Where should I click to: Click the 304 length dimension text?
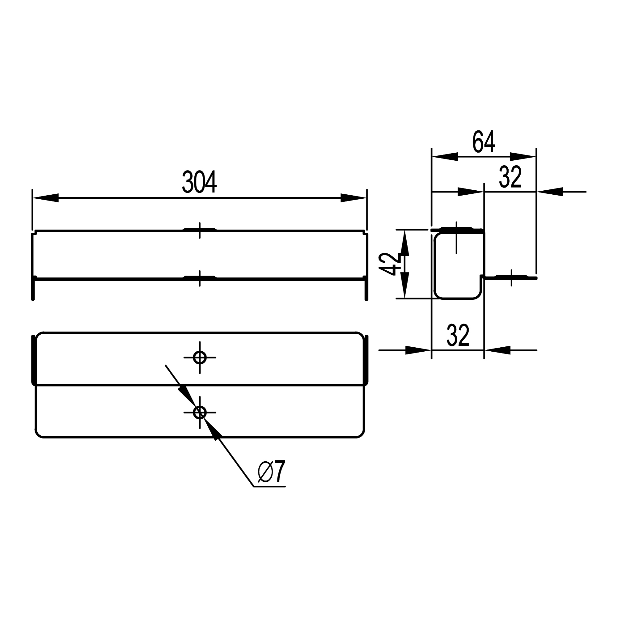click(x=199, y=182)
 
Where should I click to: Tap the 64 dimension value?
click(x=484, y=142)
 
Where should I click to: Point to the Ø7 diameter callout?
click(x=271, y=472)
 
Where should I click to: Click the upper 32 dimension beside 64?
click(x=510, y=177)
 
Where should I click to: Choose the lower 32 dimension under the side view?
click(x=458, y=335)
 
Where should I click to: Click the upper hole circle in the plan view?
click(x=200, y=357)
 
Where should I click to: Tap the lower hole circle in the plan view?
click(x=200, y=412)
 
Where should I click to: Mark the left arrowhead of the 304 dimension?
click(x=45, y=198)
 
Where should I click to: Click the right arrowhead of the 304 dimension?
click(x=353, y=198)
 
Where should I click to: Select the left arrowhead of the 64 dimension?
click(x=445, y=157)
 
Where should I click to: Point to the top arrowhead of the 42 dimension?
click(x=405, y=243)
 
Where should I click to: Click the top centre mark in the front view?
click(x=200, y=230)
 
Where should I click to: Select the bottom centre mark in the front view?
click(x=200, y=278)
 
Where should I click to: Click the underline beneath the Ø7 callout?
click(x=269, y=487)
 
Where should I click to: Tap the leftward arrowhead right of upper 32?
click(x=549, y=192)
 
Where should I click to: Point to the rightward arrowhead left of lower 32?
click(x=418, y=350)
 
